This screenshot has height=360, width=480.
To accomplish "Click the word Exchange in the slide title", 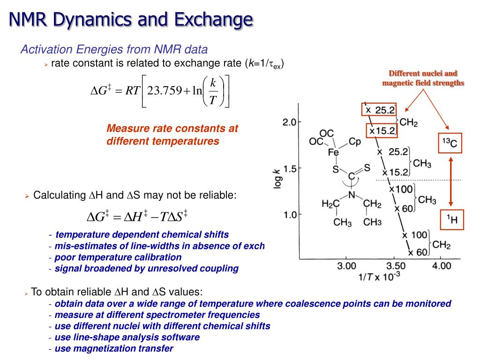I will [x=214, y=20].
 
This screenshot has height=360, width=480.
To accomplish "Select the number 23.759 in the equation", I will [x=165, y=90].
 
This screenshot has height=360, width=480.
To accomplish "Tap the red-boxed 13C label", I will [x=450, y=143].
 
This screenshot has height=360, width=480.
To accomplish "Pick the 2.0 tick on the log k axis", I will [x=289, y=122].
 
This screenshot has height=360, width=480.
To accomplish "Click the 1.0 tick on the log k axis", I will [x=289, y=215].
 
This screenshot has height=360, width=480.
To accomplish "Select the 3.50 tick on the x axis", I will [x=392, y=266].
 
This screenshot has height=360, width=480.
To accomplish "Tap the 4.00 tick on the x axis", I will [x=439, y=266].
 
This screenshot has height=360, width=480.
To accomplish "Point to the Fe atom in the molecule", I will [x=333, y=152].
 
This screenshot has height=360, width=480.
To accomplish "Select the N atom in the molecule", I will [x=352, y=195].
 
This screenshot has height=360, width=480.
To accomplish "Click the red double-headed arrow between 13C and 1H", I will [x=450, y=181].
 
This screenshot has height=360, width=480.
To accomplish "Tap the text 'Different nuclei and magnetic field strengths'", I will [x=423, y=78].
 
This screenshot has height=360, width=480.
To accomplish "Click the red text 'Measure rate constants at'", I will [x=172, y=128].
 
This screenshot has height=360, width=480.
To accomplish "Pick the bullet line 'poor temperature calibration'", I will [x=118, y=257].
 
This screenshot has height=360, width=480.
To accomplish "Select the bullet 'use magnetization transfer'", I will [x=114, y=348].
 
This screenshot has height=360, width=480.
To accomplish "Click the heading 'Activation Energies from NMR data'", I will [x=114, y=49].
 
